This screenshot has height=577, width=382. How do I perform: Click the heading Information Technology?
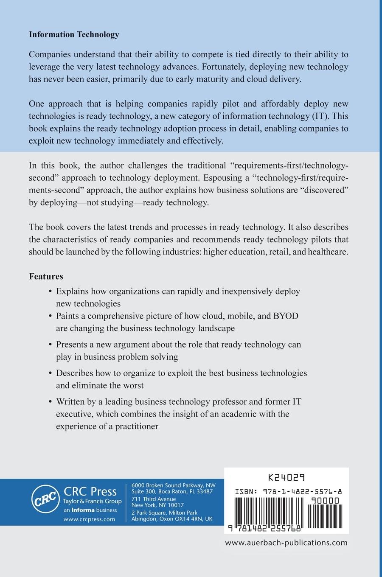[74, 35]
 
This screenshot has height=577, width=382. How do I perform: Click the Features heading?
[46, 276]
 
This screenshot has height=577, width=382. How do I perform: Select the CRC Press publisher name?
[90, 491]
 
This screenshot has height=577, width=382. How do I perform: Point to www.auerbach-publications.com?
[286, 542]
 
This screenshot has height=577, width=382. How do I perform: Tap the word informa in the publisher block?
[82, 510]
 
